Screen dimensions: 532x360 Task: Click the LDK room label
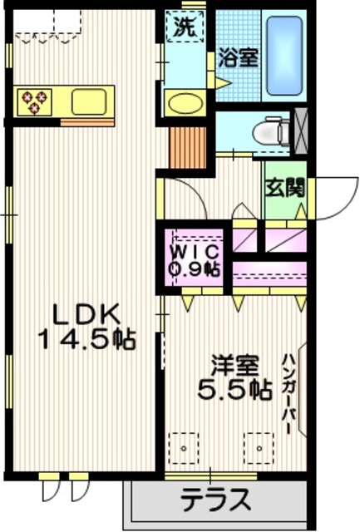pyautogui.click(x=87, y=314)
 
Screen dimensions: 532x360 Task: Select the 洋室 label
pyautogui.click(x=234, y=366)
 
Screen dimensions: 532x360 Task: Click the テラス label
pyautogui.click(x=215, y=501)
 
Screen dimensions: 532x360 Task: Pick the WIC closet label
pyautogui.click(x=196, y=251)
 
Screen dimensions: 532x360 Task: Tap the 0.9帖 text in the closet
pyautogui.click(x=196, y=268)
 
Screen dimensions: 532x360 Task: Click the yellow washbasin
pyautogui.click(x=181, y=104)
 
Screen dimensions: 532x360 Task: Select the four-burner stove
pyautogui.click(x=37, y=101)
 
